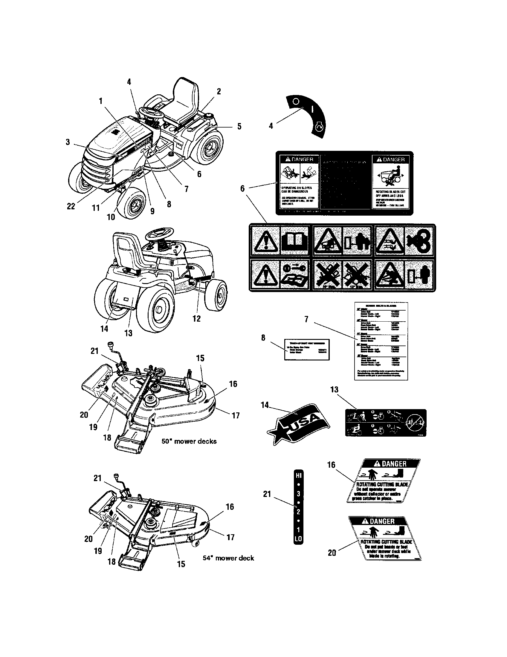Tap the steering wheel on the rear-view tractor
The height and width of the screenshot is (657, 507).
(x=160, y=233)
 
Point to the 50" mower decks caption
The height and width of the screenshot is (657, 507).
(x=189, y=441)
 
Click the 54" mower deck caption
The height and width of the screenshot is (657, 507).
(x=228, y=558)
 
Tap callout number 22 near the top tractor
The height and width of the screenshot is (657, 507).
(x=71, y=206)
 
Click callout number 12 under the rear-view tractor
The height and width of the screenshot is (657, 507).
(x=196, y=319)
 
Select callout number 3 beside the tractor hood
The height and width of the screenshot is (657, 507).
(x=68, y=142)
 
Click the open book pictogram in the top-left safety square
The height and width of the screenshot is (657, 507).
(x=294, y=240)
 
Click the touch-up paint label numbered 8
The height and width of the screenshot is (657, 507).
(x=307, y=349)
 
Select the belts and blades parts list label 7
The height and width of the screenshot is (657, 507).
(x=381, y=341)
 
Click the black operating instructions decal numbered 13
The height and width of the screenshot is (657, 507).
(x=386, y=422)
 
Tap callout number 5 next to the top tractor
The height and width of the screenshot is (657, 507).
(x=239, y=126)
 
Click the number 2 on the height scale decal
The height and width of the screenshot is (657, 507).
(x=298, y=512)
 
